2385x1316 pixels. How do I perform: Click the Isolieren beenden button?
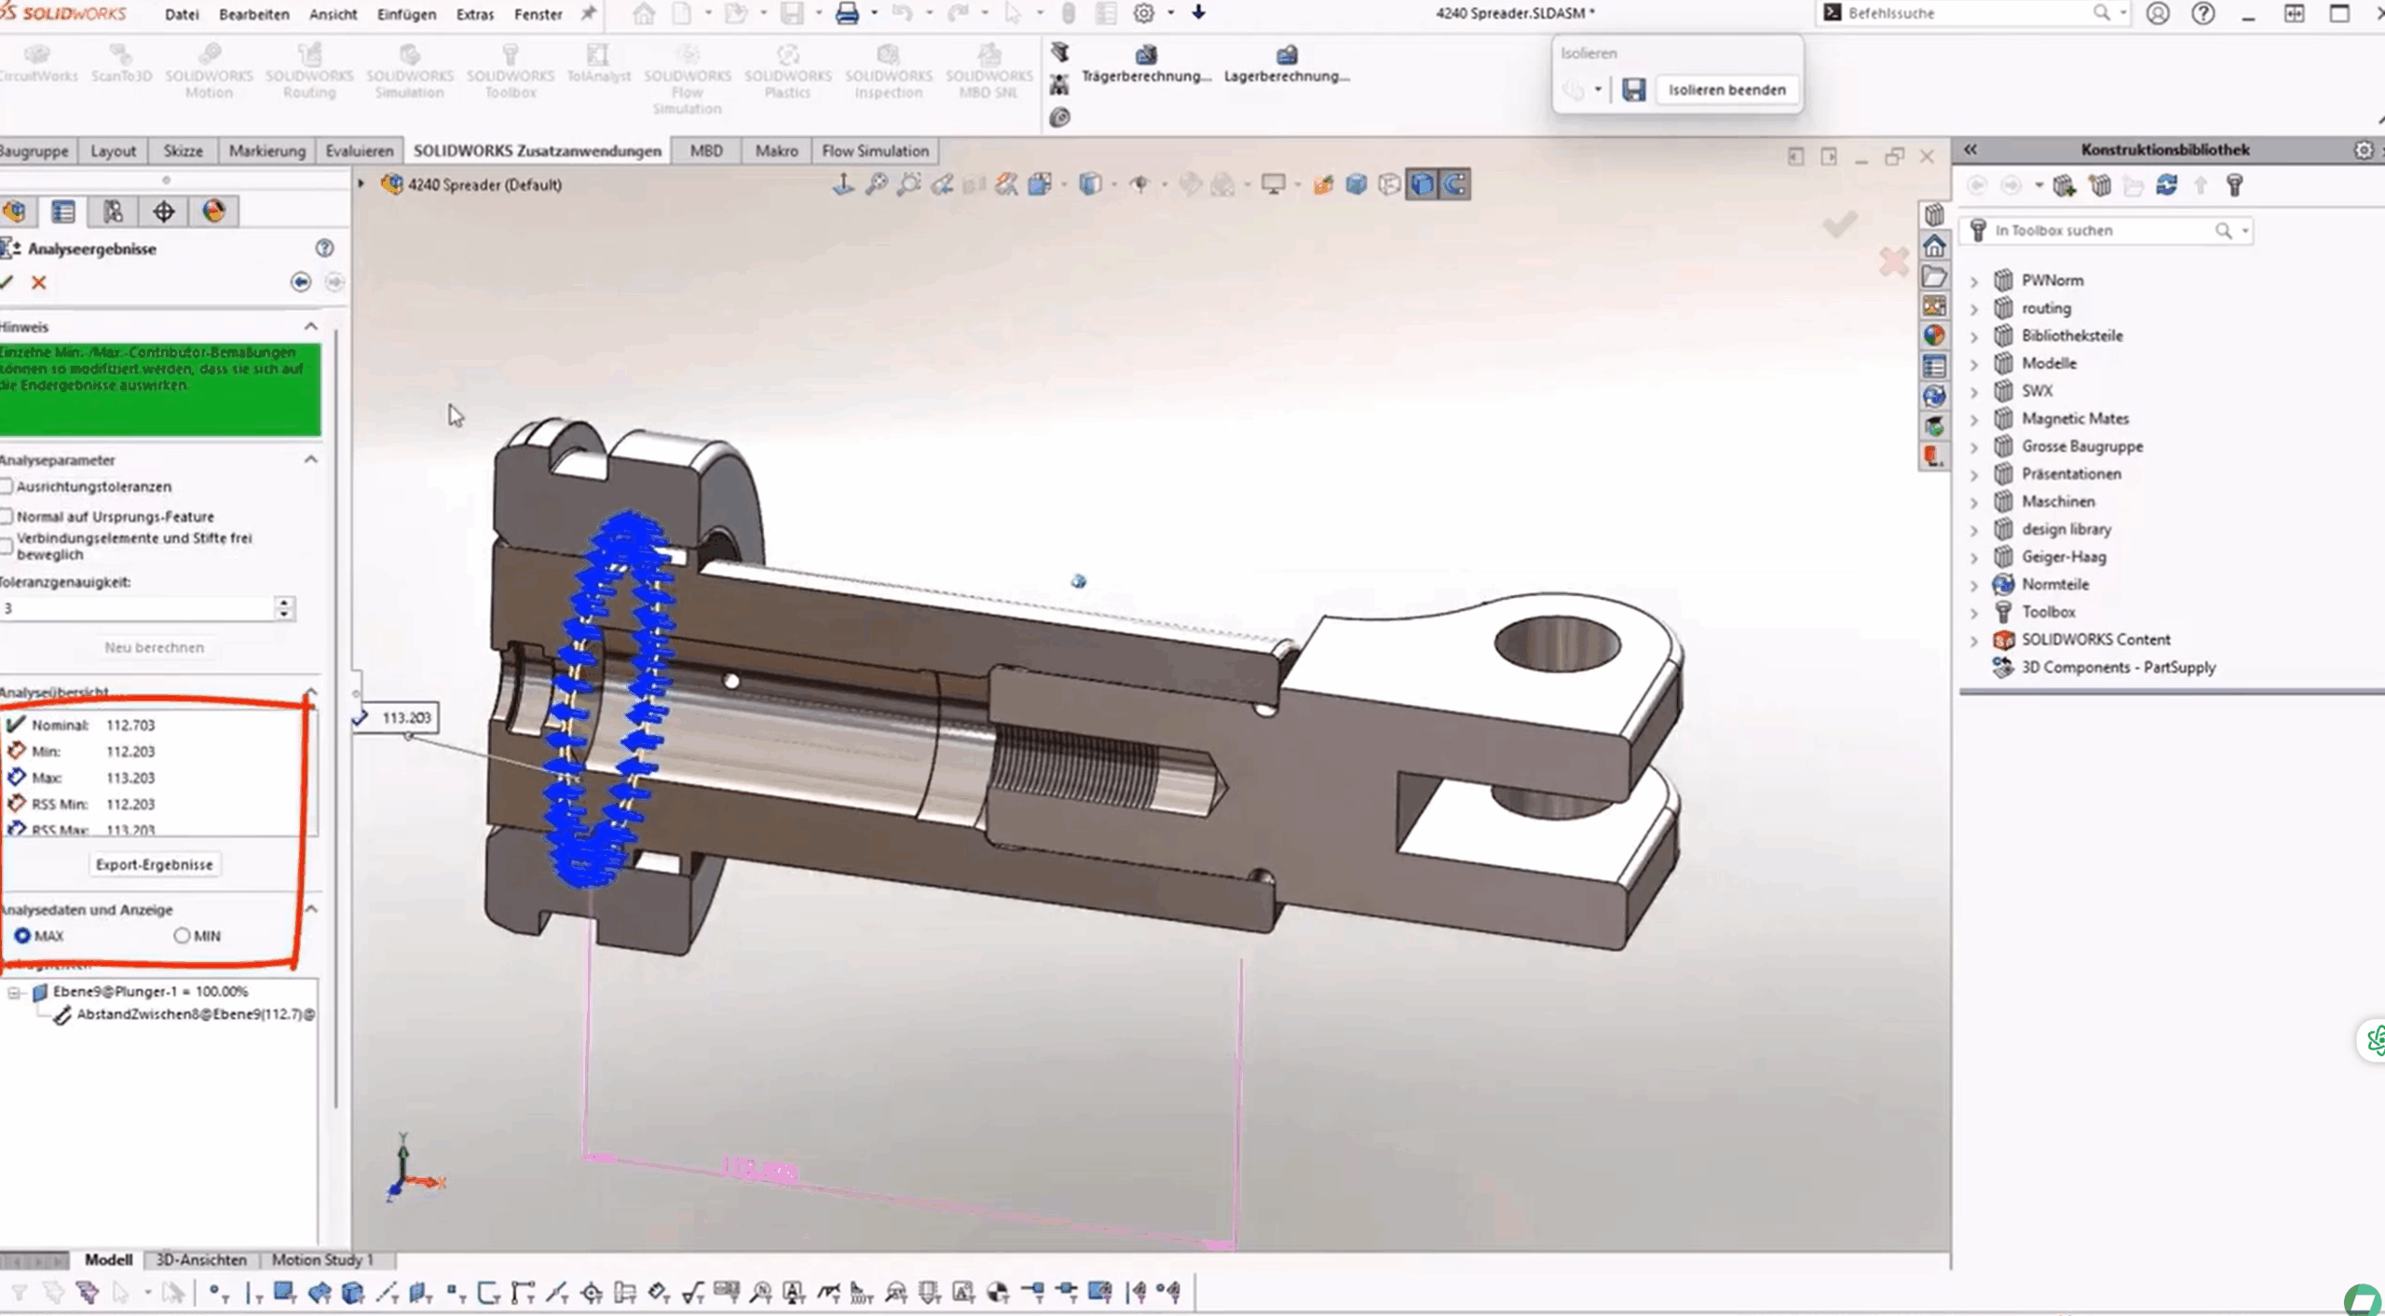(1726, 89)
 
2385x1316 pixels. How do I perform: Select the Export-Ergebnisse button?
(155, 864)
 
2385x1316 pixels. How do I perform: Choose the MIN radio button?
(183, 935)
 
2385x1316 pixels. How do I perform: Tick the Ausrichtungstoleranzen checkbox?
(7, 486)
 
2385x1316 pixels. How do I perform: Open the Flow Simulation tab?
(875, 151)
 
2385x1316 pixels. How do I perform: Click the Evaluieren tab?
(359, 151)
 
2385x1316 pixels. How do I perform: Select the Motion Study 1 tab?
(321, 1259)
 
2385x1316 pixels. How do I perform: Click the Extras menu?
(474, 14)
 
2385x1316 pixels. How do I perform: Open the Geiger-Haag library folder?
(2063, 556)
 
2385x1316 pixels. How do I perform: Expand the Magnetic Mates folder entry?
(1974, 419)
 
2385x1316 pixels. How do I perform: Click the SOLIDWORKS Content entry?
(2095, 639)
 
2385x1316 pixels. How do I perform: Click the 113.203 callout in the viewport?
(405, 717)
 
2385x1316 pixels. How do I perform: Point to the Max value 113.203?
(130, 778)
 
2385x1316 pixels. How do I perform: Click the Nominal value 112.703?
(130, 725)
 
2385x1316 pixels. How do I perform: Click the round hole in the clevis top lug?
(1556, 643)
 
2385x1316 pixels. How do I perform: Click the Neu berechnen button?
(155, 647)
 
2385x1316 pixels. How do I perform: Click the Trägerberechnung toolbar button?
(1145, 65)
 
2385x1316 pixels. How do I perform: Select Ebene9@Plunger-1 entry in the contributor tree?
(149, 991)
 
